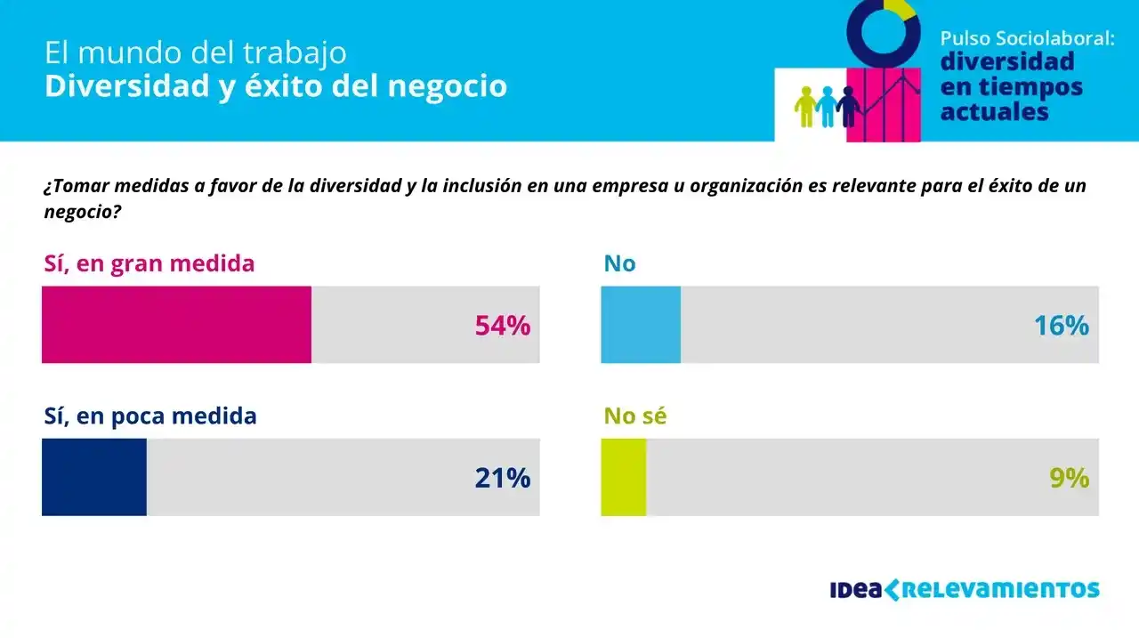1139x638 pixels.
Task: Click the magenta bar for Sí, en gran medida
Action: (x=176, y=325)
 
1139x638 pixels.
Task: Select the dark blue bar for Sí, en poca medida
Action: (x=94, y=477)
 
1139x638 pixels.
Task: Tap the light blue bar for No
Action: (x=641, y=325)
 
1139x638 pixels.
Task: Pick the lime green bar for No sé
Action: (x=624, y=477)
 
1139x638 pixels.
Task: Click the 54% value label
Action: (x=502, y=326)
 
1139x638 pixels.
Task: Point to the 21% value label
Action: (x=502, y=478)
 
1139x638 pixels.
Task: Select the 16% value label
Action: (x=1061, y=326)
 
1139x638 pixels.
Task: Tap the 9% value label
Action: (x=1070, y=478)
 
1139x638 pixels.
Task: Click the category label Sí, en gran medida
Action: (x=149, y=263)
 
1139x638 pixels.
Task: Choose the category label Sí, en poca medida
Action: (x=150, y=416)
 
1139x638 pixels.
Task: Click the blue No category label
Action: (x=620, y=263)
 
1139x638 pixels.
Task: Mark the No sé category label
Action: (x=634, y=416)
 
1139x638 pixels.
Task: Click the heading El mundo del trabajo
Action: (x=195, y=52)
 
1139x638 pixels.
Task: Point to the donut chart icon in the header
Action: (x=883, y=28)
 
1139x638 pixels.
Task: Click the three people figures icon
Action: (x=827, y=107)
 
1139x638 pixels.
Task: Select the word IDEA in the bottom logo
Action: (x=855, y=590)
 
